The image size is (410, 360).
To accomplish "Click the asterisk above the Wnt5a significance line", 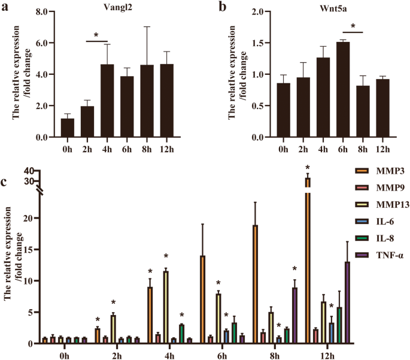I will (x=353, y=26).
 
